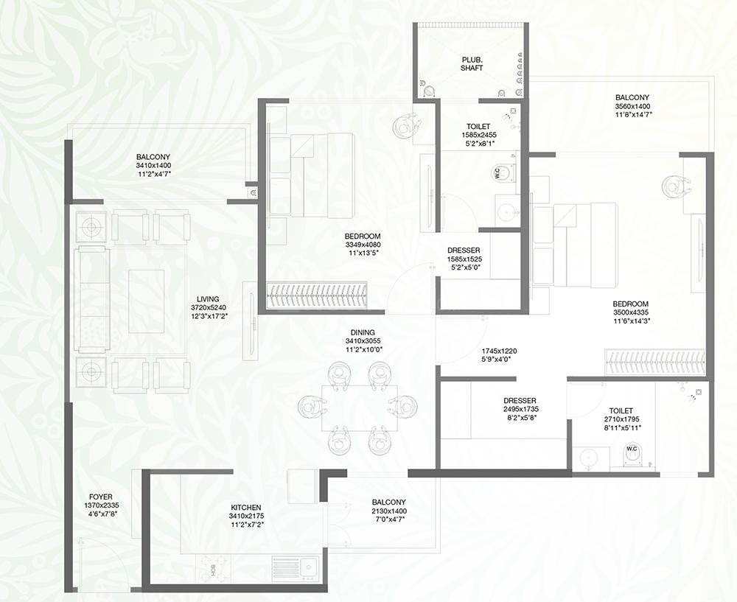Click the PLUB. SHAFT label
[x=472, y=64]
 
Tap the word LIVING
[x=208, y=299]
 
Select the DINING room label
[x=363, y=333]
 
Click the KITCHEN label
[x=246, y=508]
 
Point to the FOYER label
[x=100, y=497]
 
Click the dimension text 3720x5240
[x=209, y=307]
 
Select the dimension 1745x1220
[x=499, y=351]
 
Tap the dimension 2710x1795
[x=621, y=419]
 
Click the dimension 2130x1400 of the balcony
[x=388, y=511]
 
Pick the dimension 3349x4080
[x=363, y=245]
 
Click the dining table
[x=360, y=408]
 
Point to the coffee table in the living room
[x=147, y=301]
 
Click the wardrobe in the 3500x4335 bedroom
[x=654, y=363]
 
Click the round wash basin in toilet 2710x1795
[x=588, y=458]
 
